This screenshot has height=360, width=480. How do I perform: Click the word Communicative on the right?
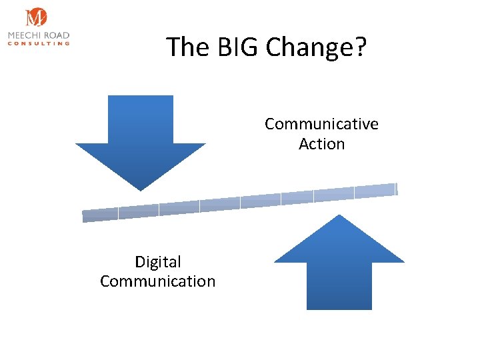tap(321, 124)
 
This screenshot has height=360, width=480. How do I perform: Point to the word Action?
tap(321, 144)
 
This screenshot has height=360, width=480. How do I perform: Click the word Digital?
tap(158, 262)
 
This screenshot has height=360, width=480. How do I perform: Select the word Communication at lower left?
tap(158, 281)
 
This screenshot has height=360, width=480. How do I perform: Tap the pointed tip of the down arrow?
tap(141, 189)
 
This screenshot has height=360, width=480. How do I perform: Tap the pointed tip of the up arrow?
tap(340, 217)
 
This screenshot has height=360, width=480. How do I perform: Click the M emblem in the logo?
tap(36, 18)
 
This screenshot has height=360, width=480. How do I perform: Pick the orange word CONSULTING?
tap(39, 43)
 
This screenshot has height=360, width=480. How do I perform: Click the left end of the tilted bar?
tap(85, 216)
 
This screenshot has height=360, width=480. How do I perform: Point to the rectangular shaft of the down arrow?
tap(141, 120)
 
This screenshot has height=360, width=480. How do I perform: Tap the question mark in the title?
tap(360, 47)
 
